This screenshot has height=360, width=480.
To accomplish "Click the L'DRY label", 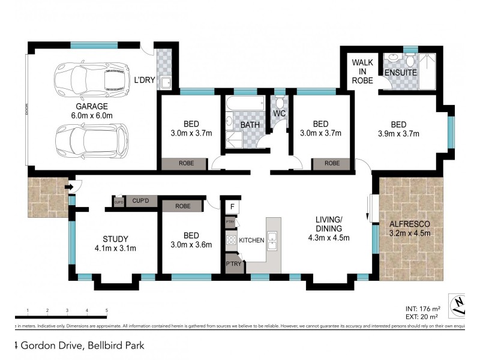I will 145,80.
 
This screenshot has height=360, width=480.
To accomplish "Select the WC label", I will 278,113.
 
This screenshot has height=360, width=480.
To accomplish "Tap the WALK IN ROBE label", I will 362,71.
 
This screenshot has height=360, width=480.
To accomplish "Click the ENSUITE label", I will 398,73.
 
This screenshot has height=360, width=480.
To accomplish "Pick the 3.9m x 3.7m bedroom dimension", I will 398,134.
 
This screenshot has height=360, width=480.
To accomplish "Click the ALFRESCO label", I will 409,224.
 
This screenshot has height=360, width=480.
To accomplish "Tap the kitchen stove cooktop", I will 230,240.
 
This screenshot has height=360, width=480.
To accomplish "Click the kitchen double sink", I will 272,240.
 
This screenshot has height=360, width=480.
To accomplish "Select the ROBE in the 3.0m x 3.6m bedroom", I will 183,206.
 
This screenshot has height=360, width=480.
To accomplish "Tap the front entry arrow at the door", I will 70,188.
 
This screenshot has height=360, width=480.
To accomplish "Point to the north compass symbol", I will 460,305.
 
